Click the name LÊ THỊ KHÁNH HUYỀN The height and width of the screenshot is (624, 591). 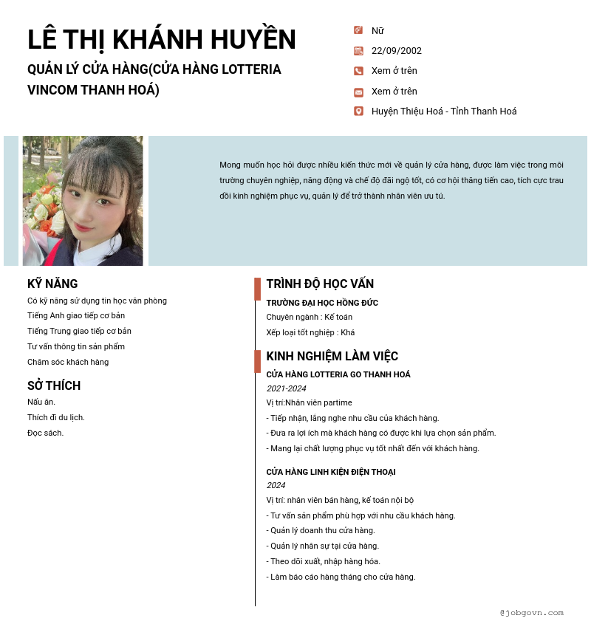(161, 40)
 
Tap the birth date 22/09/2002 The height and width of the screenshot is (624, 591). (396, 51)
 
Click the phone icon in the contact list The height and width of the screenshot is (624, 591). (358, 71)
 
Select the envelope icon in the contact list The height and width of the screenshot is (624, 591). (358, 92)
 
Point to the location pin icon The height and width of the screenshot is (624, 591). (358, 112)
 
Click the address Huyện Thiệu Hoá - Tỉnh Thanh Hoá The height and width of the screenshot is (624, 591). (443, 112)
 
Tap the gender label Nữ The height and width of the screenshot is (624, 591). (378, 31)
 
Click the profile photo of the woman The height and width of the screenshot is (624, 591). (83, 201)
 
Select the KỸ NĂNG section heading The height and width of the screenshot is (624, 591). (52, 284)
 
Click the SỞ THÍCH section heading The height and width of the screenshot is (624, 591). (54, 385)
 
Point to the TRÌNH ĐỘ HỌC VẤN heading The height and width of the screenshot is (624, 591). (320, 284)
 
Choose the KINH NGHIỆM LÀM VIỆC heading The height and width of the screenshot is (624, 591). (332, 356)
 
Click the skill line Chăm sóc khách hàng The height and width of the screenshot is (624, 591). (68, 362)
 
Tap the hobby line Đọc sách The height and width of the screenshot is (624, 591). (45, 433)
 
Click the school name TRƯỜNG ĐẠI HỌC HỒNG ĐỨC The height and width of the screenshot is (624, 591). (322, 303)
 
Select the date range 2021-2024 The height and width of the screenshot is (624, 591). (286, 388)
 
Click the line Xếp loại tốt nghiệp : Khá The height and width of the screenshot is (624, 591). (310, 332)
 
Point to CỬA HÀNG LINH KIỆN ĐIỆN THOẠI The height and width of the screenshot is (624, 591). (331, 472)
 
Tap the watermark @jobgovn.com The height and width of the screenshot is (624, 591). (531, 612)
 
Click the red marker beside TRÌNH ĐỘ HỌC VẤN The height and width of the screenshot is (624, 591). (257, 289)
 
